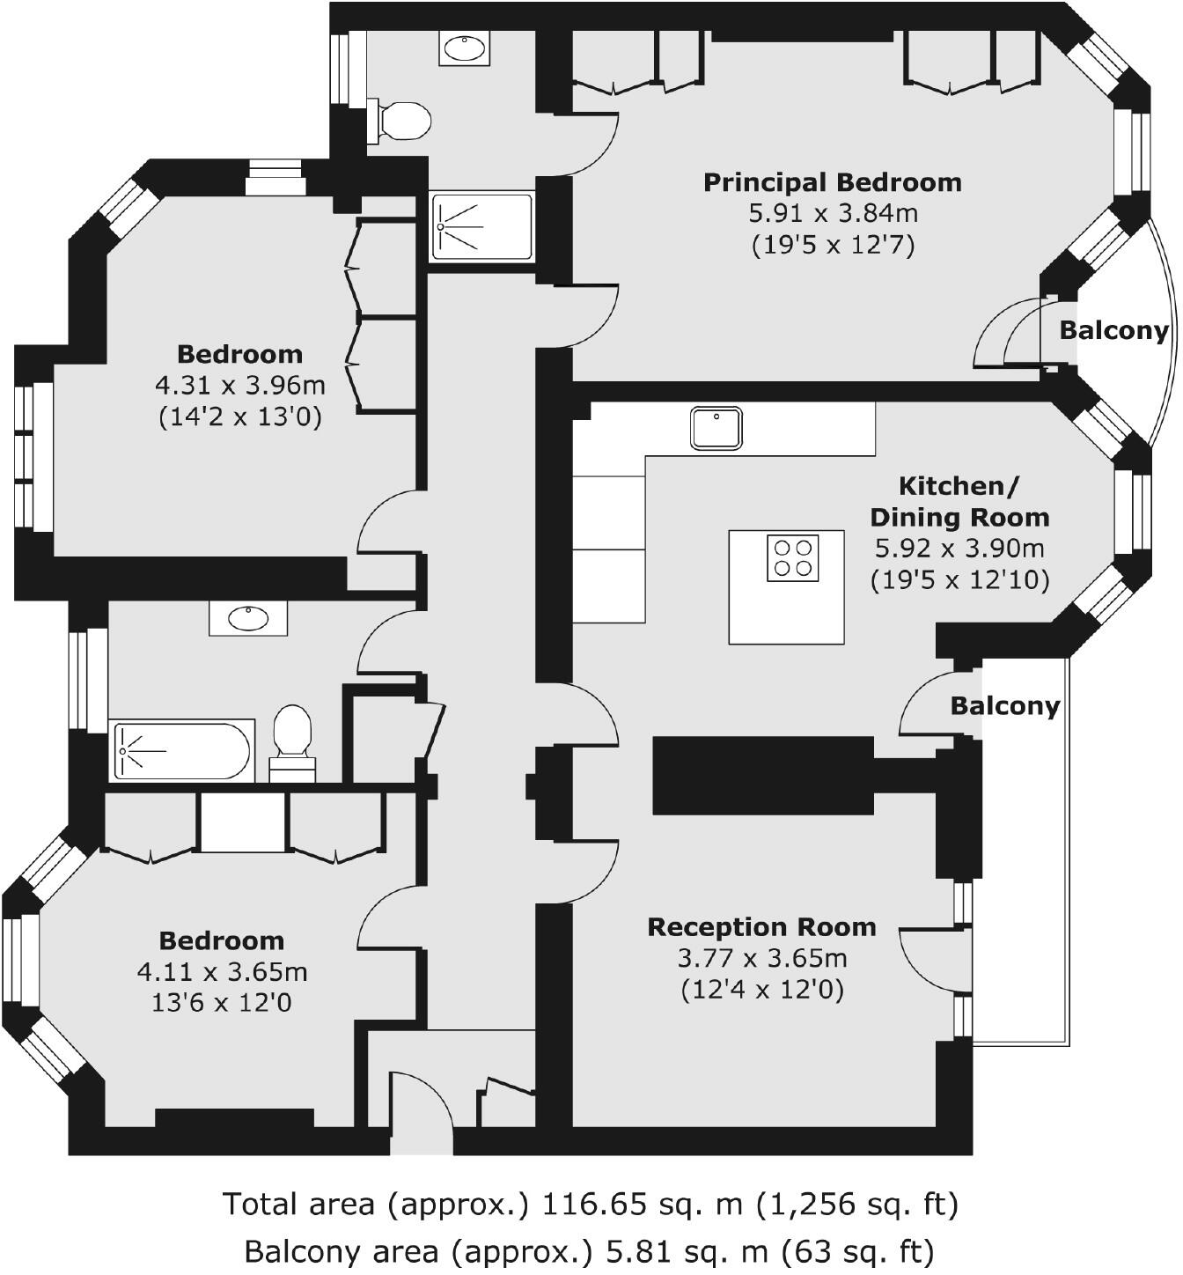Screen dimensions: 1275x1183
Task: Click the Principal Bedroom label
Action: [832, 183]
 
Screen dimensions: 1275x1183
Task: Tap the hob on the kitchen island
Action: [792, 557]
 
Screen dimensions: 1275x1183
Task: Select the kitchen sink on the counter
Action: [716, 428]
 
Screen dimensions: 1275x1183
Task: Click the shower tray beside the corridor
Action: [481, 227]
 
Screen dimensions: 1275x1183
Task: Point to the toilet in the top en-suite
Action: [400, 121]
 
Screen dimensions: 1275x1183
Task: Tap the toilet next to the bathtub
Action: [293, 741]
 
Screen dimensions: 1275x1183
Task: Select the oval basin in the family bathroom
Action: [248, 619]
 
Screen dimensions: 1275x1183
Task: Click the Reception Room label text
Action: [761, 927]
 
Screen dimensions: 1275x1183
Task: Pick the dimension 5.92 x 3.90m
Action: [959, 549]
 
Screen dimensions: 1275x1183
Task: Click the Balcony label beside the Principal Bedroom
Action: [1113, 331]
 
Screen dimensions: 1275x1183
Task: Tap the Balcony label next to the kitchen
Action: [1004, 706]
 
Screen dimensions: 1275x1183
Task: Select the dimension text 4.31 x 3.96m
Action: [239, 386]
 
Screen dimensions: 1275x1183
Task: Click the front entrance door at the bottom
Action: [421, 1111]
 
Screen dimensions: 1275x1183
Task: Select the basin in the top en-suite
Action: [464, 49]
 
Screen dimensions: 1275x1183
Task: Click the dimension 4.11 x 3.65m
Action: [222, 972]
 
